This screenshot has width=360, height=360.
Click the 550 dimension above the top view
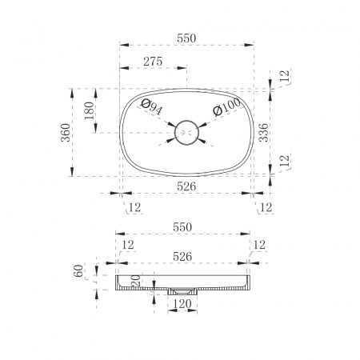[x=186, y=38]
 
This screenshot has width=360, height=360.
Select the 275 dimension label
[x=153, y=62]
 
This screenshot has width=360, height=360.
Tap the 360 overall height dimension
[x=66, y=132]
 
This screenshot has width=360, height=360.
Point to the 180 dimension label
[x=90, y=110]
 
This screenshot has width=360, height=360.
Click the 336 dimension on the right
[x=264, y=132]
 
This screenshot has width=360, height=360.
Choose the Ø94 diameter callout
[x=151, y=106]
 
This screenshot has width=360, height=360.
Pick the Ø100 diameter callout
[x=227, y=106]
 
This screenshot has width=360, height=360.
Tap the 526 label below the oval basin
[x=186, y=186]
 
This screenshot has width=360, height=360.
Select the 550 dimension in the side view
[x=182, y=227]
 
